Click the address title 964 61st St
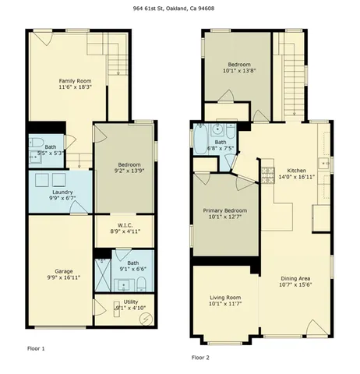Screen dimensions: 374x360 (180, 9)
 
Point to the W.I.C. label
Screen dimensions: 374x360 (124, 227)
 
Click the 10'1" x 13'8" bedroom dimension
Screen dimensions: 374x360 (238, 71)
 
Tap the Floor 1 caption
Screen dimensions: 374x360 (36, 348)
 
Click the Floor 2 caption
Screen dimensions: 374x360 (200, 357)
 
